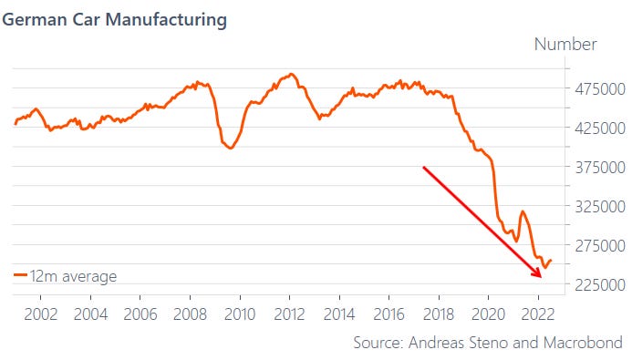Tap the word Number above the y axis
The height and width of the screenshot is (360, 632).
565,44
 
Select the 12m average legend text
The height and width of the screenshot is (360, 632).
74,275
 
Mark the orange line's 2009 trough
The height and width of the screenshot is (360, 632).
229,148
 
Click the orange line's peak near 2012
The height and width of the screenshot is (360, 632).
290,74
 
